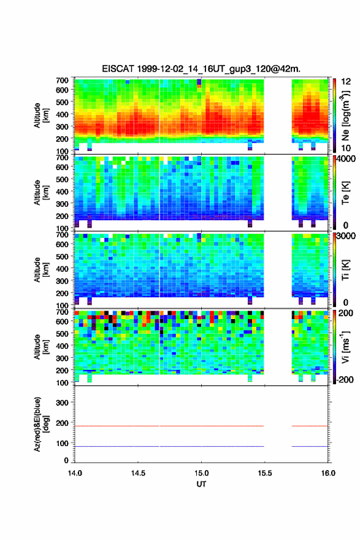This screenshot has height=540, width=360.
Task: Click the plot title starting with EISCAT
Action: [x=201, y=69]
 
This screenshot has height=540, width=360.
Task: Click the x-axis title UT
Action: [x=201, y=484]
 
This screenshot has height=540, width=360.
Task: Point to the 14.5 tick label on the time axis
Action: [x=138, y=473]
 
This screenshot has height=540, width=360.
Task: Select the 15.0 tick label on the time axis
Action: [x=201, y=473]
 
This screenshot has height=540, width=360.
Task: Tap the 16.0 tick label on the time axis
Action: [x=328, y=473]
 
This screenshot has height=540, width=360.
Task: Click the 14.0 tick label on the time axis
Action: [x=75, y=473]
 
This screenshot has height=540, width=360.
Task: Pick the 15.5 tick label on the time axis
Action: [x=265, y=473]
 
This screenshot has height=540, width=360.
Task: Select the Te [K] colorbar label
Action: [x=345, y=193]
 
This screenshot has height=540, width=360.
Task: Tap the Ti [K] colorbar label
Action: [x=345, y=269]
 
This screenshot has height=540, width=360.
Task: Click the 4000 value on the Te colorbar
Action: [x=346, y=159]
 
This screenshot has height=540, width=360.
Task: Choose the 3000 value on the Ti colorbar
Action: [x=346, y=236]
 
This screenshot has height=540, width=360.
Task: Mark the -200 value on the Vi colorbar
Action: [x=345, y=379]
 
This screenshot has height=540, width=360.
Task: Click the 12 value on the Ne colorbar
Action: [x=346, y=82]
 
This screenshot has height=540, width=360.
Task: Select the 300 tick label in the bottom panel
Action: [x=62, y=403]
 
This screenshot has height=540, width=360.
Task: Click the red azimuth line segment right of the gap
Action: [x=310, y=426]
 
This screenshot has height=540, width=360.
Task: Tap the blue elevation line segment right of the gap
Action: [x=310, y=446]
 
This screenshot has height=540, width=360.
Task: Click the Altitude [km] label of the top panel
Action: [x=41, y=115]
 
